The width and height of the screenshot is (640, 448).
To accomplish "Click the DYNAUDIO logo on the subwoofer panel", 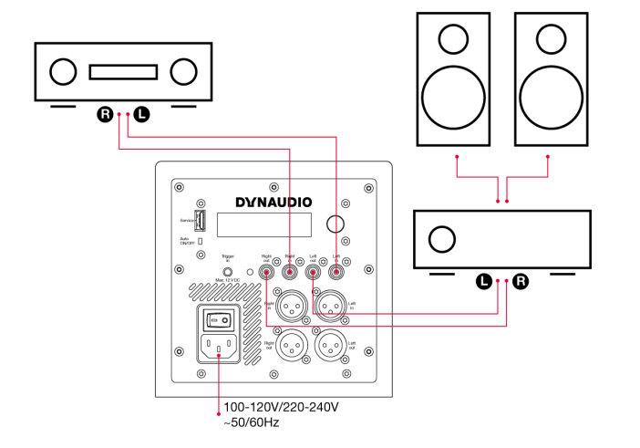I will (x=274, y=201).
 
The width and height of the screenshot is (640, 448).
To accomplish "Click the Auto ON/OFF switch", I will (x=200, y=241).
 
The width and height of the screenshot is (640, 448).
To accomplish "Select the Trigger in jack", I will (x=228, y=271).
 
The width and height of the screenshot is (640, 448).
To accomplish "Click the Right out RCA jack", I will (x=267, y=270).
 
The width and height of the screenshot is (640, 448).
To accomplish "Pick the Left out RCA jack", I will (x=313, y=270).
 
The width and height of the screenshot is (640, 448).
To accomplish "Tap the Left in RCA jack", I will (x=335, y=270).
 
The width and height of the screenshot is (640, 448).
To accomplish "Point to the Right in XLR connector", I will (x=290, y=301).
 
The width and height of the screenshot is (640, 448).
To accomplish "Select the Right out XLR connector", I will (x=290, y=343).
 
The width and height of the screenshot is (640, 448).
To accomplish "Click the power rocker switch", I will (x=219, y=319).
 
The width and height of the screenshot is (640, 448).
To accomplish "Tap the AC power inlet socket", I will (x=219, y=348).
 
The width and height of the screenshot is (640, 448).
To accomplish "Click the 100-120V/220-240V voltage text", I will (x=281, y=408).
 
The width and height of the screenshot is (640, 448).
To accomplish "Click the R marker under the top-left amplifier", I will (x=105, y=115).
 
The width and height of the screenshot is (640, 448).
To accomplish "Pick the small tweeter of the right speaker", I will (x=549, y=38).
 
